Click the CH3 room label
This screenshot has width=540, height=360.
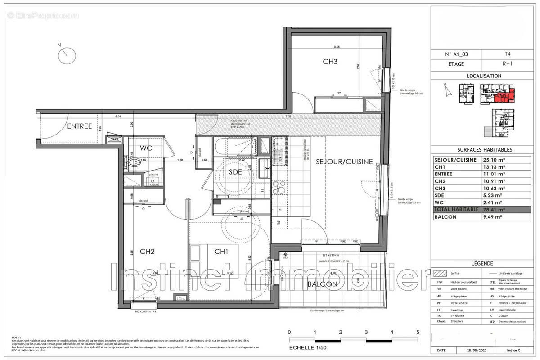[330, 62]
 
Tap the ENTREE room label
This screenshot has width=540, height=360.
[80, 126]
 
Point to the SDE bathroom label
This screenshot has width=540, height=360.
[236, 172]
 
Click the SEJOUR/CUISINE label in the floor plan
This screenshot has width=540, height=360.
[344, 162]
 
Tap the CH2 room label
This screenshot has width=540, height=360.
[147, 252]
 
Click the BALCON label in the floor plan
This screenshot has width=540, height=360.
[322, 284]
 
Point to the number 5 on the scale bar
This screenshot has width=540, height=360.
[418, 332]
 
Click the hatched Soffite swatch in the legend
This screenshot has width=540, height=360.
[439, 273]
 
